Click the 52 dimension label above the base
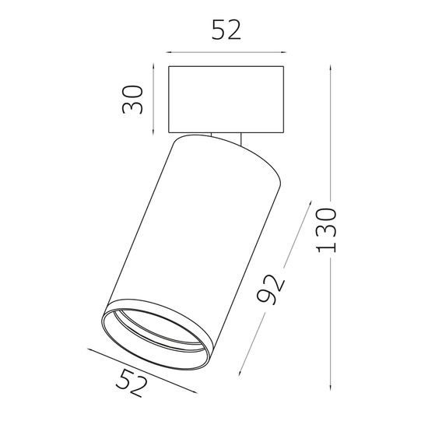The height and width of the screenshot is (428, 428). (226, 30)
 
